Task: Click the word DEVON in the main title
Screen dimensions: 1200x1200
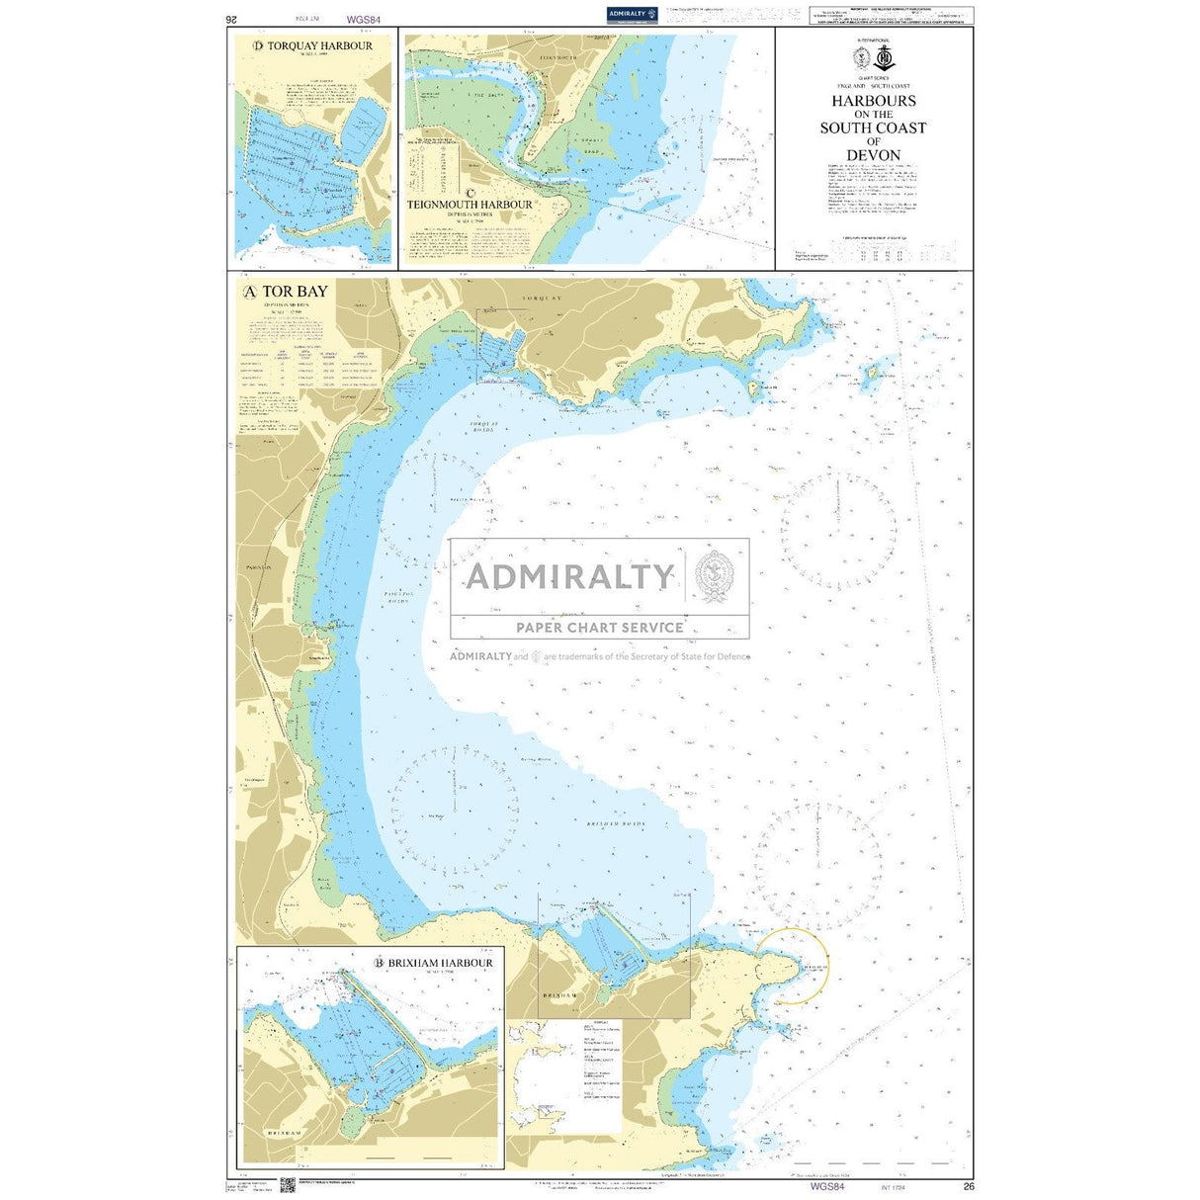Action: coord(873,155)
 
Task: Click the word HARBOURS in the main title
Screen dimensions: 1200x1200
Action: coord(873,101)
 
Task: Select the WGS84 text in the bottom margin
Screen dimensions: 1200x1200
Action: coord(826,1186)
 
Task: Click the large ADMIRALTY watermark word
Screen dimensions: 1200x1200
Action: coord(569,576)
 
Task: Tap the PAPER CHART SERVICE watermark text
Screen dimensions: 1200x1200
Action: coord(599,627)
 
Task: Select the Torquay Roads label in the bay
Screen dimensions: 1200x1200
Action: coord(483,427)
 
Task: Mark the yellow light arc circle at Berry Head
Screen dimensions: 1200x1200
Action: coord(792,966)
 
